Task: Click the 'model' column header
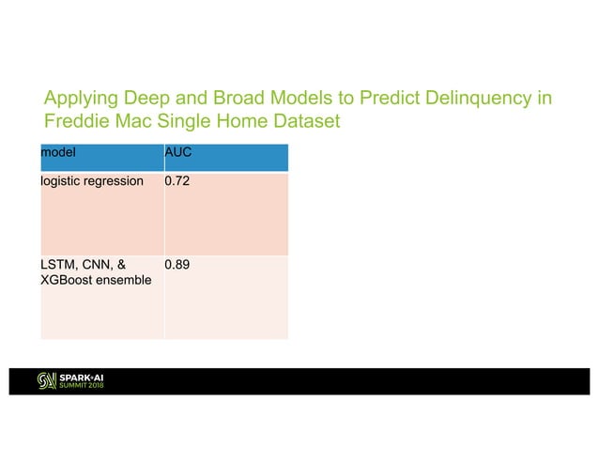pyautogui.click(x=57, y=150)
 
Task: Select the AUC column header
pyautogui.click(x=177, y=150)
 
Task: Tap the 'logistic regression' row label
pyautogui.click(x=91, y=180)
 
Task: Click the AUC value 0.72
pyautogui.click(x=177, y=180)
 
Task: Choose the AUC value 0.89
pyautogui.click(x=177, y=265)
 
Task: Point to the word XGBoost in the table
pyautogui.click(x=67, y=282)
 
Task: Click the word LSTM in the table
pyautogui.click(x=57, y=265)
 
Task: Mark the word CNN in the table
pyautogui.click(x=100, y=265)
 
